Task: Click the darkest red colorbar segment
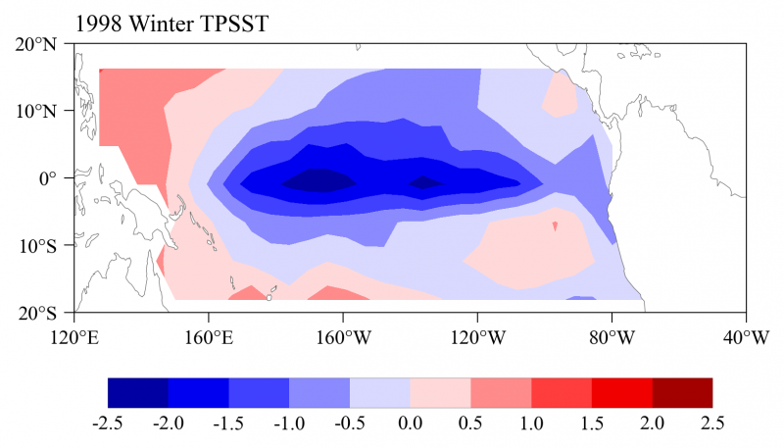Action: [682, 392]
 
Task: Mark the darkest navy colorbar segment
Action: [137, 392]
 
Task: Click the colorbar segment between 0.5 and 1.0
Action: [501, 392]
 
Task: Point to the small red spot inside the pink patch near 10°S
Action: [555, 226]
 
